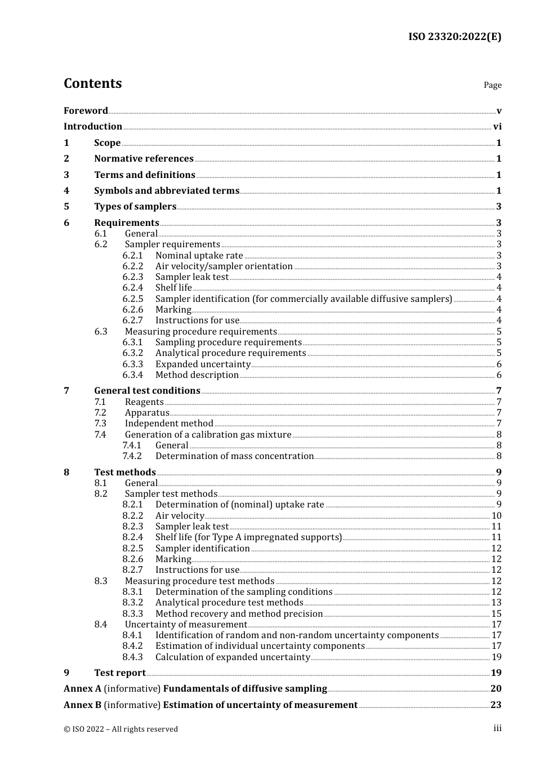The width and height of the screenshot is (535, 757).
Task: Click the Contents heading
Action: (x=92, y=83)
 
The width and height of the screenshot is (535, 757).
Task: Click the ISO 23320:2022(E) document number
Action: (x=454, y=37)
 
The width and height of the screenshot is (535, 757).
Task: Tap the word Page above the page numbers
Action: (x=492, y=85)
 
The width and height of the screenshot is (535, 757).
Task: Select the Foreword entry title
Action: (x=86, y=110)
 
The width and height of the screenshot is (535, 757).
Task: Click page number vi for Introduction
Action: (x=497, y=127)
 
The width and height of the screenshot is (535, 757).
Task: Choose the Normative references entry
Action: (x=144, y=159)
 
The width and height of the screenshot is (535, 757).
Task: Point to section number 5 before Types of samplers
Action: (x=66, y=207)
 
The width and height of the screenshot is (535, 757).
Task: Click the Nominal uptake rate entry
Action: (x=199, y=255)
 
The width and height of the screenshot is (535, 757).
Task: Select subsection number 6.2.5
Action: (x=133, y=299)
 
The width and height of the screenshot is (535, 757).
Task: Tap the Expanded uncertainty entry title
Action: (x=203, y=364)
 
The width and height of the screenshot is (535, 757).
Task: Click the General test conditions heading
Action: (x=147, y=391)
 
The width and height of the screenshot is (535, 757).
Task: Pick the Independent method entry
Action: (x=169, y=424)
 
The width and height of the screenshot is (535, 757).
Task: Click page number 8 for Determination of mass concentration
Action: (x=499, y=456)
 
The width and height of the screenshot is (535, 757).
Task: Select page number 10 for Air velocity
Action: (x=496, y=516)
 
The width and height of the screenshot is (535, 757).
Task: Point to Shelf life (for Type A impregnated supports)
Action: (x=248, y=537)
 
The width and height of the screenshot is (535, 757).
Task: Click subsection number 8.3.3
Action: (x=133, y=613)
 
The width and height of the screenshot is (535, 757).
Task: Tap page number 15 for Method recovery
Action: (x=496, y=614)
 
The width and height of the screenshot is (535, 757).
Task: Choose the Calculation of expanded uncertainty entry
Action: (x=233, y=657)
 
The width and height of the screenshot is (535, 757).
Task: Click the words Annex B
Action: (x=83, y=705)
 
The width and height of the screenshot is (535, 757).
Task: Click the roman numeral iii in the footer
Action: (x=497, y=728)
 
